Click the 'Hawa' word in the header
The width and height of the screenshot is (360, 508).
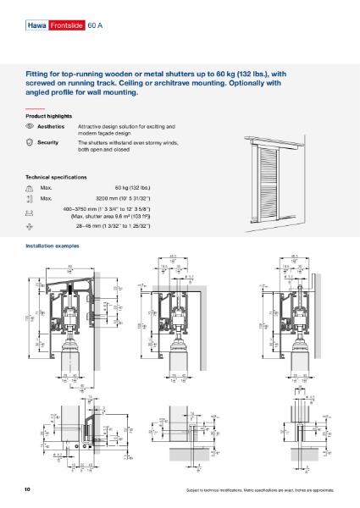pos(36,27)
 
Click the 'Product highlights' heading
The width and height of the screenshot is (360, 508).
pos(52,115)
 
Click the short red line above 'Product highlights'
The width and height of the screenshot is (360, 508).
pos(34,108)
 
